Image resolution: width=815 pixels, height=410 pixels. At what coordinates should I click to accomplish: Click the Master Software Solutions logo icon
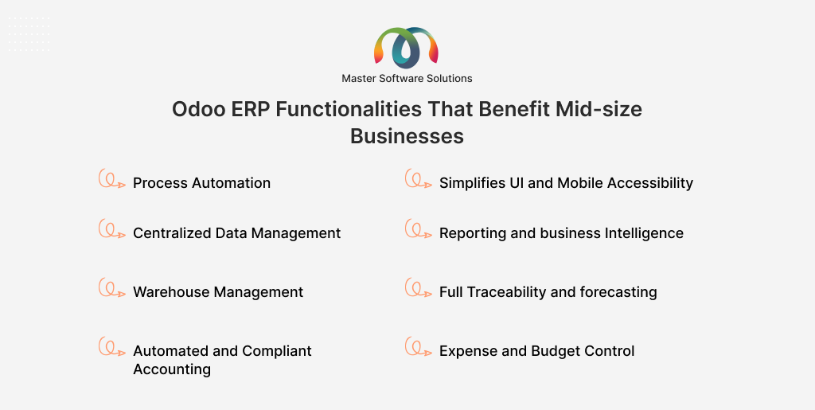pos(407,48)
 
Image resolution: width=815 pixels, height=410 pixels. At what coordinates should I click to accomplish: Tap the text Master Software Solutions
pos(407,79)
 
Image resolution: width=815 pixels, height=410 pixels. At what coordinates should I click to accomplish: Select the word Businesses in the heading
pos(407,136)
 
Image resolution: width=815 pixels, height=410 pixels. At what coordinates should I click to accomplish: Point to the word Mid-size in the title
pos(599,110)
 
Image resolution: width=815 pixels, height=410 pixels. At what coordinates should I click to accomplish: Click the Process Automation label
pos(201,183)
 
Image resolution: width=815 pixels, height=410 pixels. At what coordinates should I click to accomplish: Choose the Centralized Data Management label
pos(237,233)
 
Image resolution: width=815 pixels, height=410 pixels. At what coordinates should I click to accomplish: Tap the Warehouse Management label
pos(218,292)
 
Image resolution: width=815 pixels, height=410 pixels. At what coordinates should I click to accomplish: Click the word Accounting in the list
pos(172,369)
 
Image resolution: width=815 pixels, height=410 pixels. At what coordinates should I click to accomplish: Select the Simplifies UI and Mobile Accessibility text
pos(566,183)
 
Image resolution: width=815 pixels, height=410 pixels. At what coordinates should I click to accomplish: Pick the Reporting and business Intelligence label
pos(561,233)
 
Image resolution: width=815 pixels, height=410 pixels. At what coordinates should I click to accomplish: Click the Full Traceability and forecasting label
pos(548,292)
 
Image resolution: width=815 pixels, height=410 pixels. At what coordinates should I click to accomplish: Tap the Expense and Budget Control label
pos(537,351)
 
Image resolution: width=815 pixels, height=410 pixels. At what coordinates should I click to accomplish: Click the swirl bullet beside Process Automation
pos(111,179)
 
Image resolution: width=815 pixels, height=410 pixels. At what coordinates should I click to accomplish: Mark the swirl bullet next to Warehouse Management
pos(111,288)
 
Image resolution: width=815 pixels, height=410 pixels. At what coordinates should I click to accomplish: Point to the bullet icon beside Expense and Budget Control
pos(419,347)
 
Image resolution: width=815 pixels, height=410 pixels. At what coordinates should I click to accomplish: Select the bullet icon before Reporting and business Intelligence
pos(419,229)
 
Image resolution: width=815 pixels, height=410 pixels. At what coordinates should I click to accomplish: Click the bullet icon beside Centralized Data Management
pos(111,229)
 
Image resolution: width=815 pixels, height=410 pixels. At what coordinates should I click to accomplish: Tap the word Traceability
pos(506,292)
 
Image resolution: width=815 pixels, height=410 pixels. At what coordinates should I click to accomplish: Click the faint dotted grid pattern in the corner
pos(29,34)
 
